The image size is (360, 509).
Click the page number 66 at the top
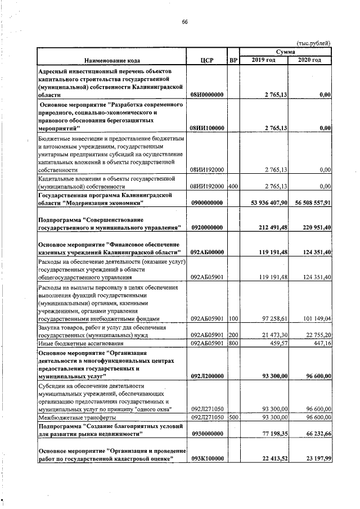click(x=184, y=22)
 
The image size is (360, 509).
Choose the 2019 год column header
click(x=263, y=60)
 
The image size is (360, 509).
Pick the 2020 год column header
click(x=309, y=60)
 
